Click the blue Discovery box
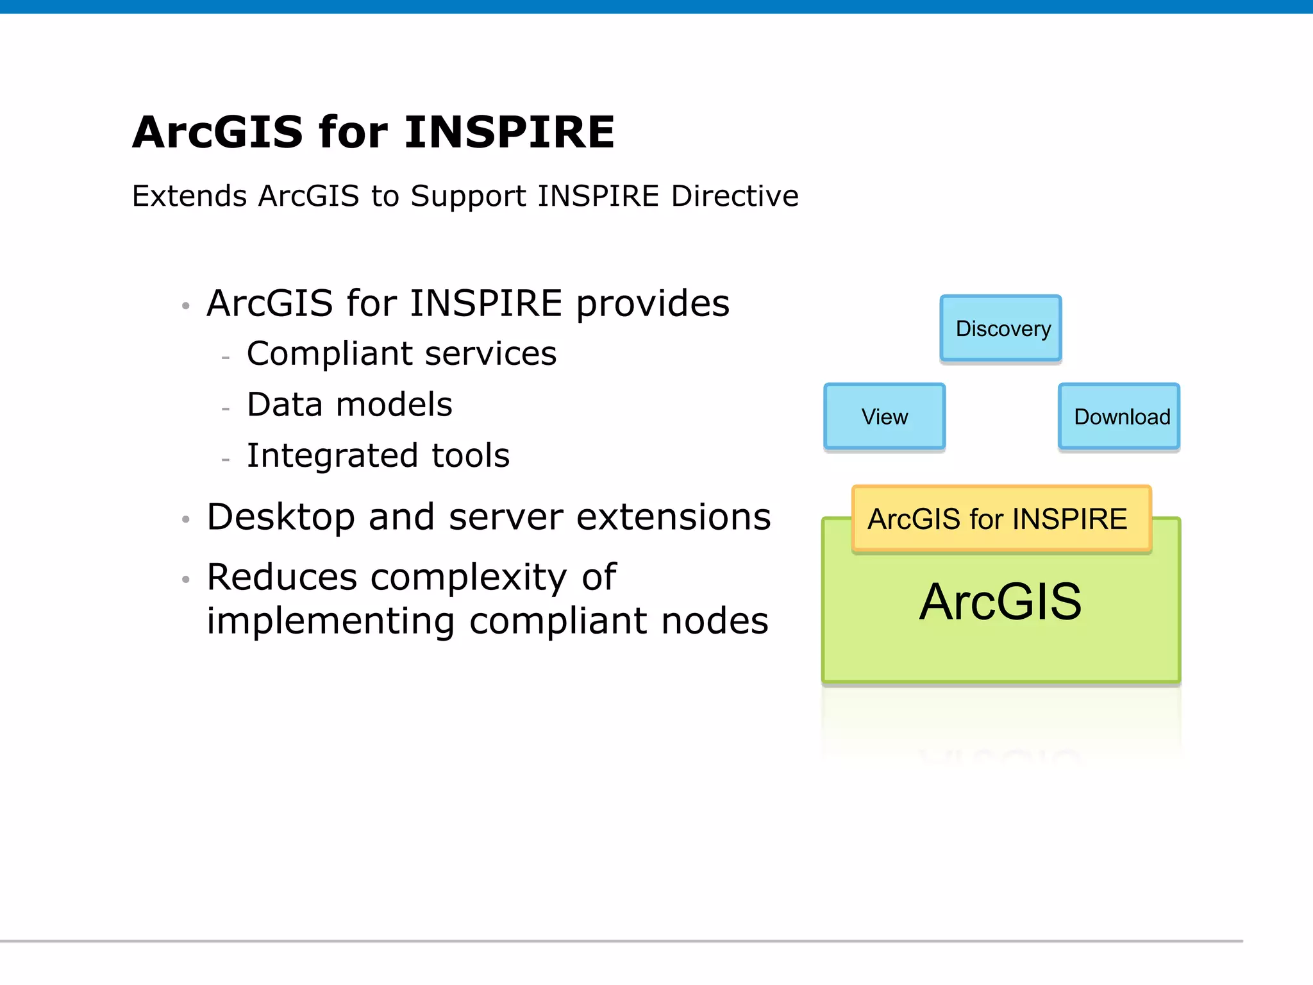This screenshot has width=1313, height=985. (1001, 328)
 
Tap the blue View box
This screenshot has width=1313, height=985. (884, 417)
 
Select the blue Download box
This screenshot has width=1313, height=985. (1119, 417)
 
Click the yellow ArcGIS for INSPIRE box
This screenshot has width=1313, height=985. (1001, 519)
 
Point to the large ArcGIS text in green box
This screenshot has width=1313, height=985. (1001, 602)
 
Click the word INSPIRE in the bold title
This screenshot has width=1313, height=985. (510, 133)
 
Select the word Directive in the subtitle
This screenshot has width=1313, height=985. (735, 196)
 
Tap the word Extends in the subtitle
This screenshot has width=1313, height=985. (189, 196)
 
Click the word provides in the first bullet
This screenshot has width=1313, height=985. (653, 304)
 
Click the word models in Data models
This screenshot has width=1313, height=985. (394, 405)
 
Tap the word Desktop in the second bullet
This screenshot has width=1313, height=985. (281, 517)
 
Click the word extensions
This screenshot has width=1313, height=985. (673, 517)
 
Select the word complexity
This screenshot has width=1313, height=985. (469, 577)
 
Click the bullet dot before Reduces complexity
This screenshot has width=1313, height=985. (186, 580)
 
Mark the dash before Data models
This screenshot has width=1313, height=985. (225, 408)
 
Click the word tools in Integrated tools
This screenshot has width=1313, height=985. (471, 456)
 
